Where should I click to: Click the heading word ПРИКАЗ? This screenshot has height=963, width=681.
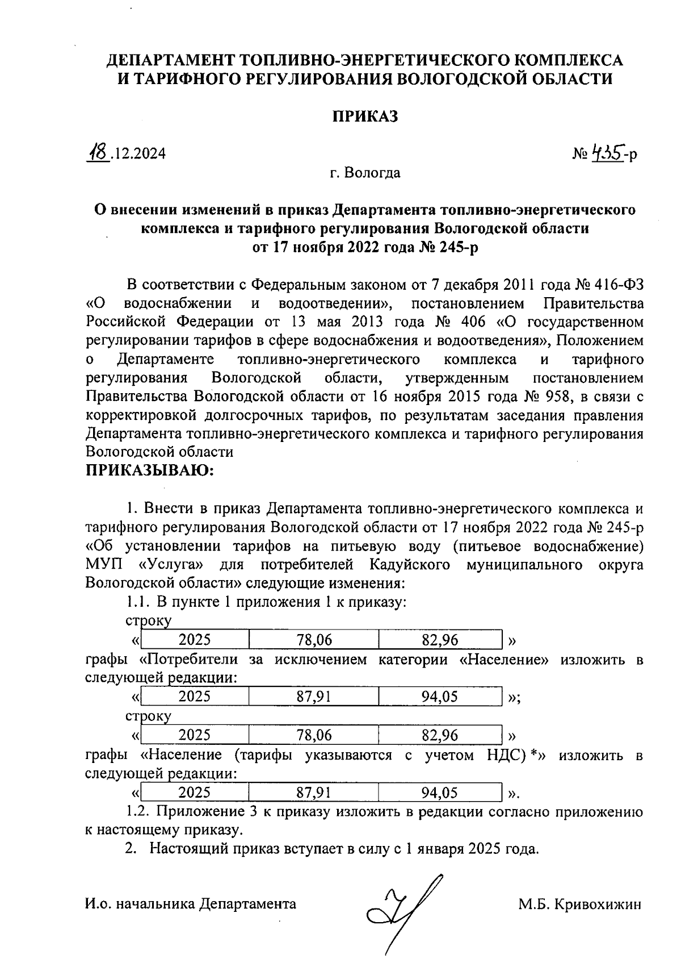pyautogui.click(x=365, y=116)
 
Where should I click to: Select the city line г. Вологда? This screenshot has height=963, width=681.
pyautogui.click(x=365, y=172)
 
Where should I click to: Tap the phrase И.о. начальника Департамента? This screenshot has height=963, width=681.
pyautogui.click(x=190, y=904)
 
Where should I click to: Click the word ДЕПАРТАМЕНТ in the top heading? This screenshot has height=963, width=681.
pyautogui.click(x=171, y=60)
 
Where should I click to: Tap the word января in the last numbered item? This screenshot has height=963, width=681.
pyautogui.click(x=439, y=849)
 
